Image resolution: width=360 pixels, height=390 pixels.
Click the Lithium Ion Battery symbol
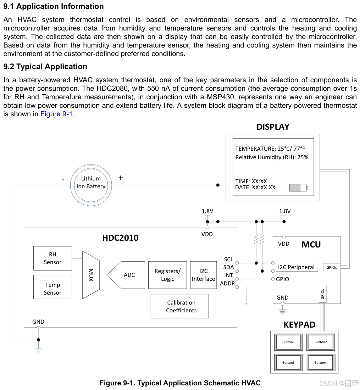tap(91, 183)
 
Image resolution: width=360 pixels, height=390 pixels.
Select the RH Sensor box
tap(52, 258)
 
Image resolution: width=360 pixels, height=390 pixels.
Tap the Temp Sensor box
tap(52, 289)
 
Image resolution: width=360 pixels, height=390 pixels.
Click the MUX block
tap(91, 275)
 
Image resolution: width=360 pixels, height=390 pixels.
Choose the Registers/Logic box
tap(167, 275)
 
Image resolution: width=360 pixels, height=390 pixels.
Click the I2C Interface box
tap(203, 275)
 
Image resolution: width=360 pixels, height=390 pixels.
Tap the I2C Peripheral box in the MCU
tap(296, 267)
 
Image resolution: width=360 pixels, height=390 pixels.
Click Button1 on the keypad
tap(288, 342)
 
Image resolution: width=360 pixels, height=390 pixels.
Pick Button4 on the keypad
tap(321, 363)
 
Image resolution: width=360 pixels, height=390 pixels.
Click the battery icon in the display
tap(298, 188)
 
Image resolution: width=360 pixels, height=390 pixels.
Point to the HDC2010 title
tap(120, 238)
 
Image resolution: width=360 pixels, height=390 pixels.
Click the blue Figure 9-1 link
tap(57, 114)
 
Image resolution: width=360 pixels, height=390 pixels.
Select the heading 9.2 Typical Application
tap(45, 67)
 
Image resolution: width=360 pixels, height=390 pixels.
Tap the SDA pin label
tap(228, 267)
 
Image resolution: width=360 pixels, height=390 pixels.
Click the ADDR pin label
tap(227, 283)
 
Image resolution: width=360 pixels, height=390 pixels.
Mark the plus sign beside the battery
tap(121, 178)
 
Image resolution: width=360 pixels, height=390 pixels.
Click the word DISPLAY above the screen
tap(273, 127)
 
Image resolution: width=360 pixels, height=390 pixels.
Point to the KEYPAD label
tap(299, 325)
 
